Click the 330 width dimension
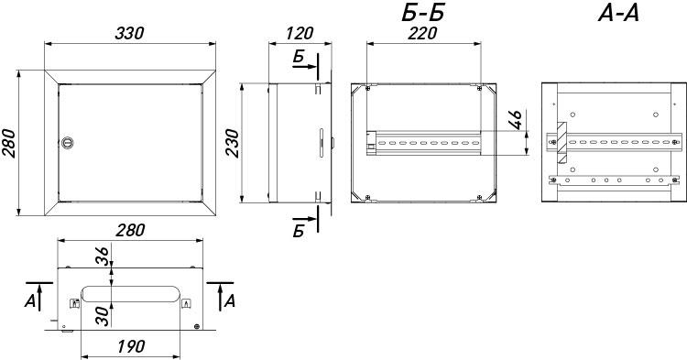[129, 34]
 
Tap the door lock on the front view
[67, 142]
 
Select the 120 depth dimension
[300, 34]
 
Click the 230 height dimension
[232, 143]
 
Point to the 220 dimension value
[422, 34]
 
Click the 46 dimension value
[516, 120]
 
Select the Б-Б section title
[422, 13]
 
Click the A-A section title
[618, 14]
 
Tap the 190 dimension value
[131, 346]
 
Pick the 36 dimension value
[102, 256]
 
